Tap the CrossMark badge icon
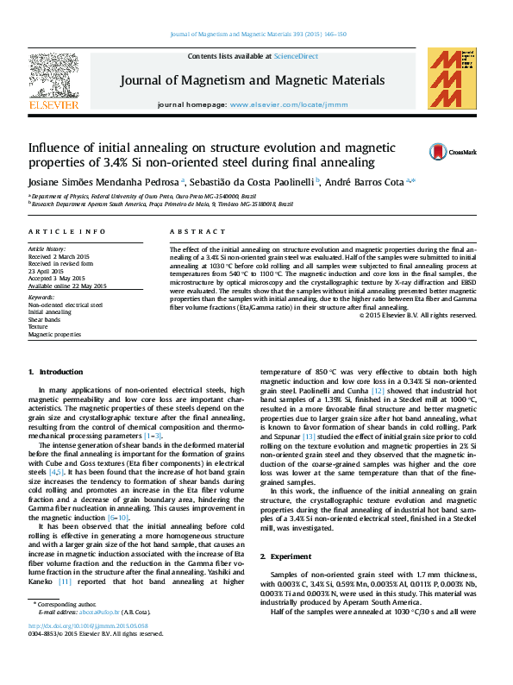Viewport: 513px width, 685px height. pyautogui.click(x=439, y=152)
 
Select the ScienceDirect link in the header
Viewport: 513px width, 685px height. pyautogui.click(x=295, y=56)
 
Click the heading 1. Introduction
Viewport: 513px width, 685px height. pyautogui.click(x=56, y=371)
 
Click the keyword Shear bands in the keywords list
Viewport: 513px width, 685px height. pyautogui.click(x=45, y=319)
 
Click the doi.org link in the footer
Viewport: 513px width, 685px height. pyautogui.click(x=96, y=626)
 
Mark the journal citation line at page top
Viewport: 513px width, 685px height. pyautogui.click(x=258, y=35)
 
